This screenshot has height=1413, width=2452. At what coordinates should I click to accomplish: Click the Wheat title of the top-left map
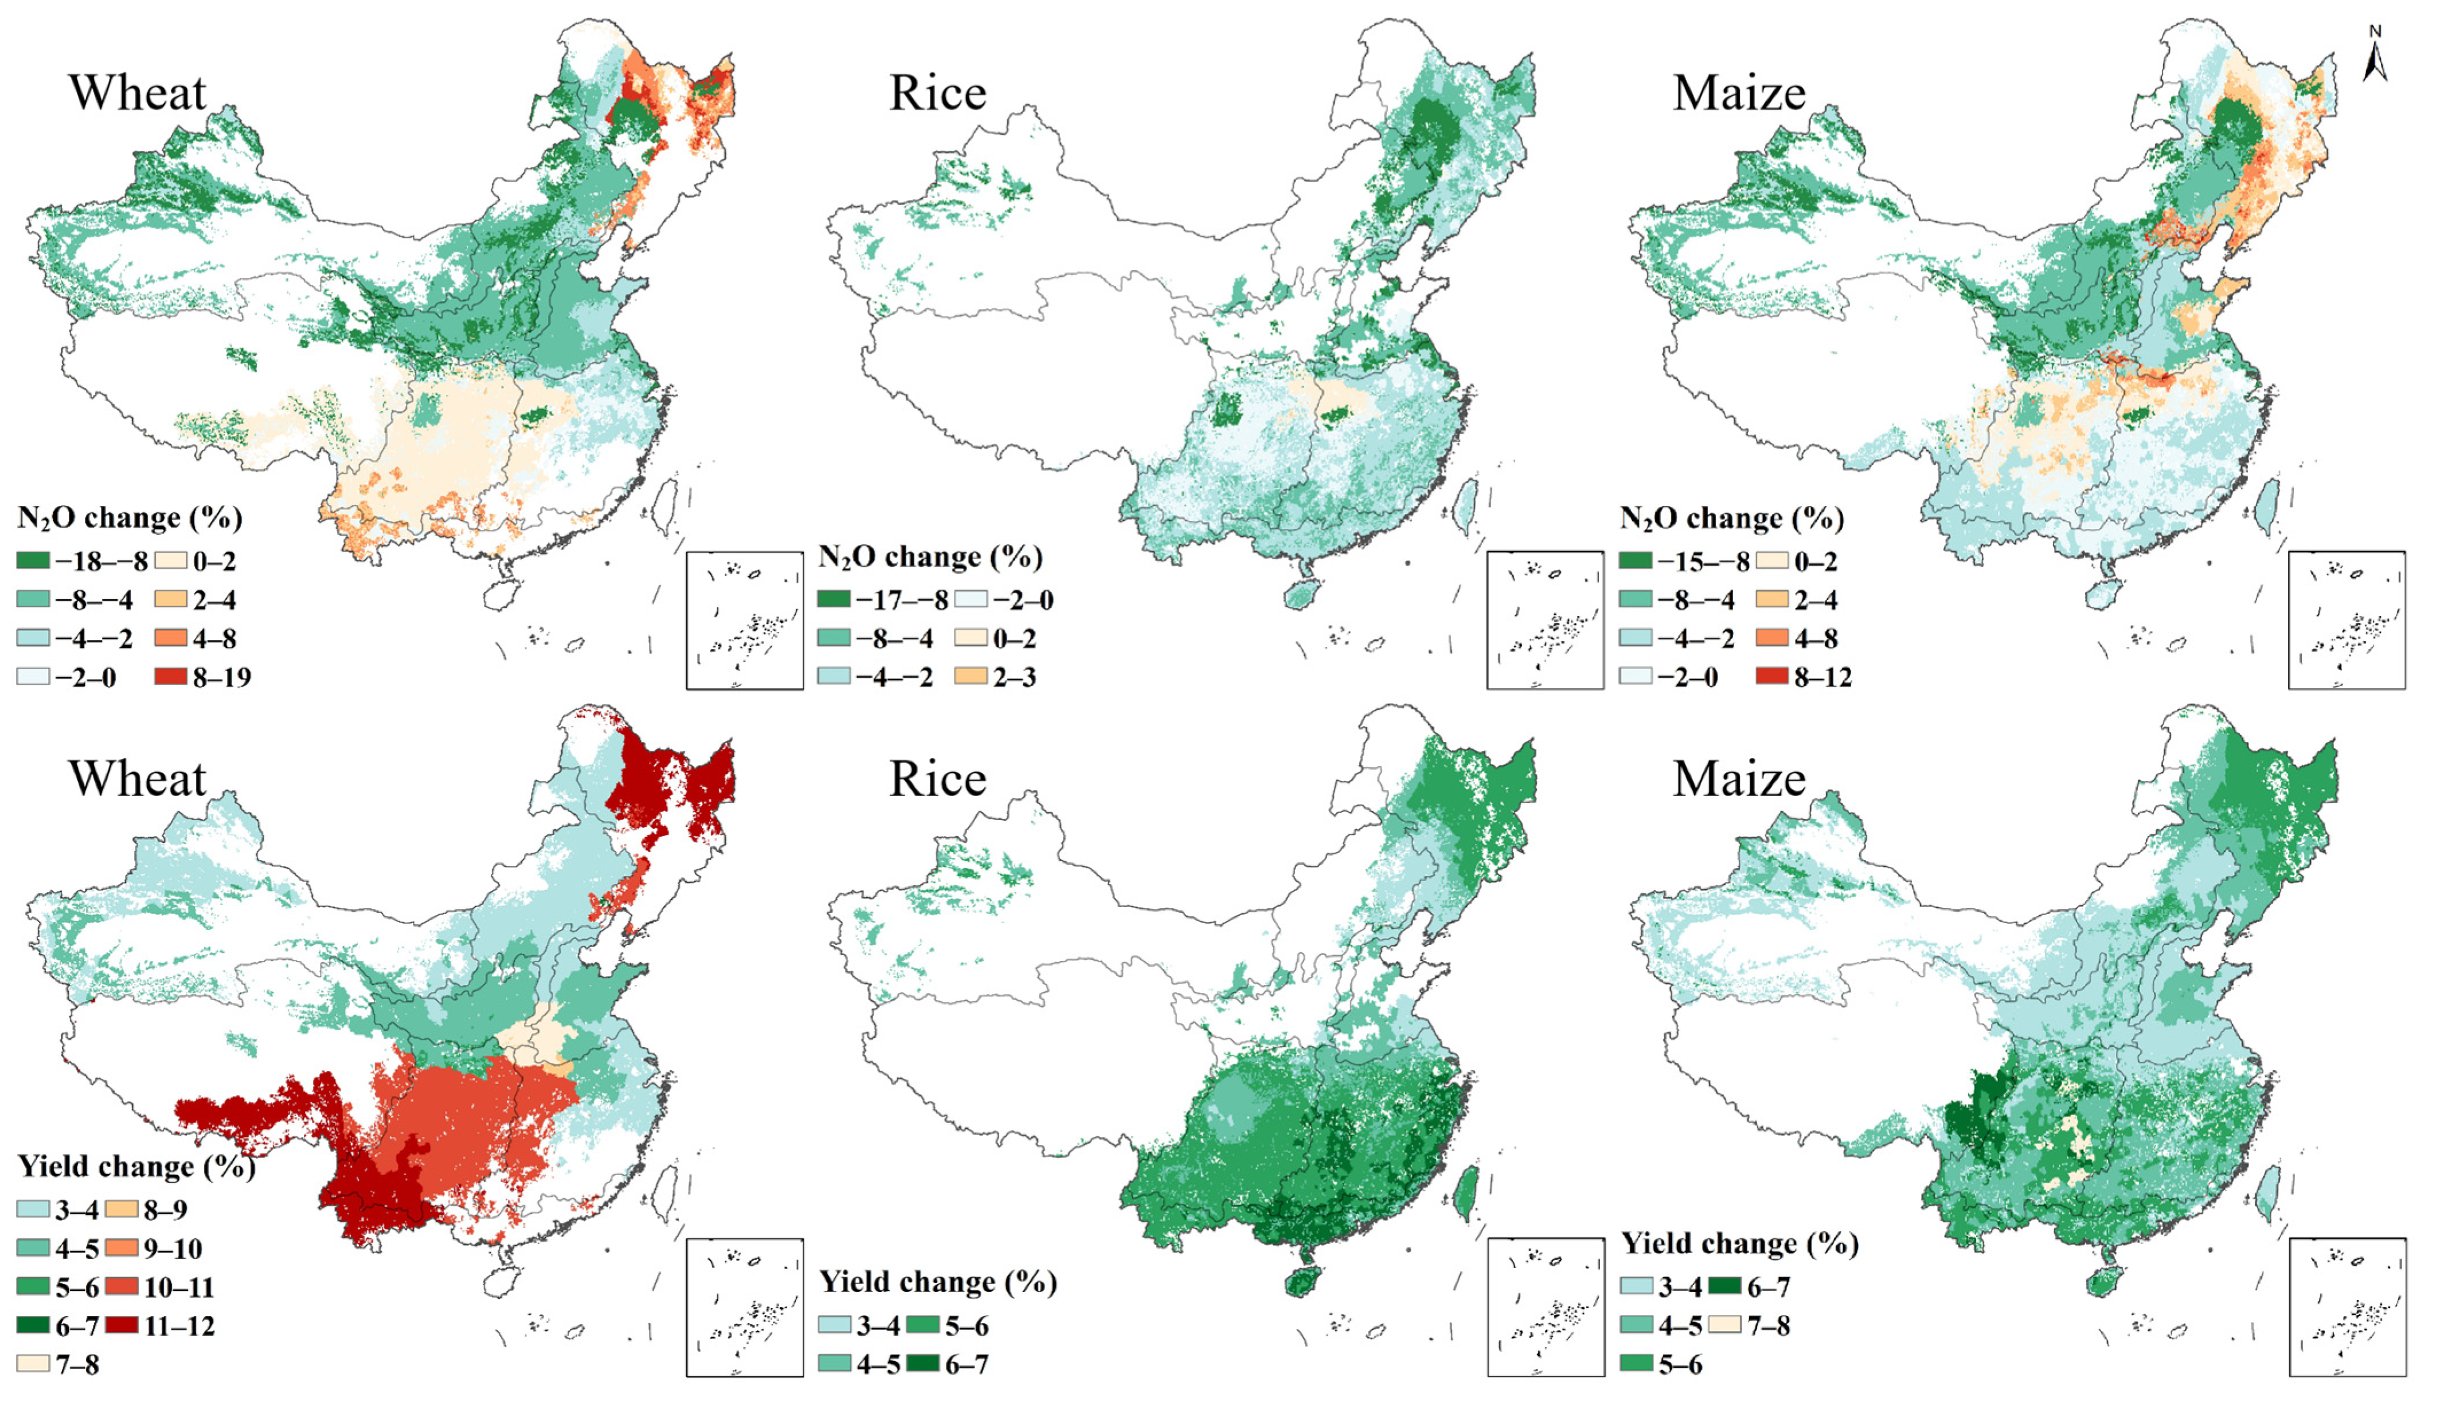click(137, 93)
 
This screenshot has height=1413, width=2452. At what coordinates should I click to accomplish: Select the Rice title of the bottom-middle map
click(938, 778)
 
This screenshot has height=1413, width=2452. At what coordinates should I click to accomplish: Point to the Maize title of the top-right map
click(1739, 93)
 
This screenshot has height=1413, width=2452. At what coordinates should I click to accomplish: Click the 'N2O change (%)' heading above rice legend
click(930, 557)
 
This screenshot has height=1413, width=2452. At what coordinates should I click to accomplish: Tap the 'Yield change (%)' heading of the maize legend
click(1739, 1243)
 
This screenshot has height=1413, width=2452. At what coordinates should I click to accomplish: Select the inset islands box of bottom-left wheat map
click(745, 1306)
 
